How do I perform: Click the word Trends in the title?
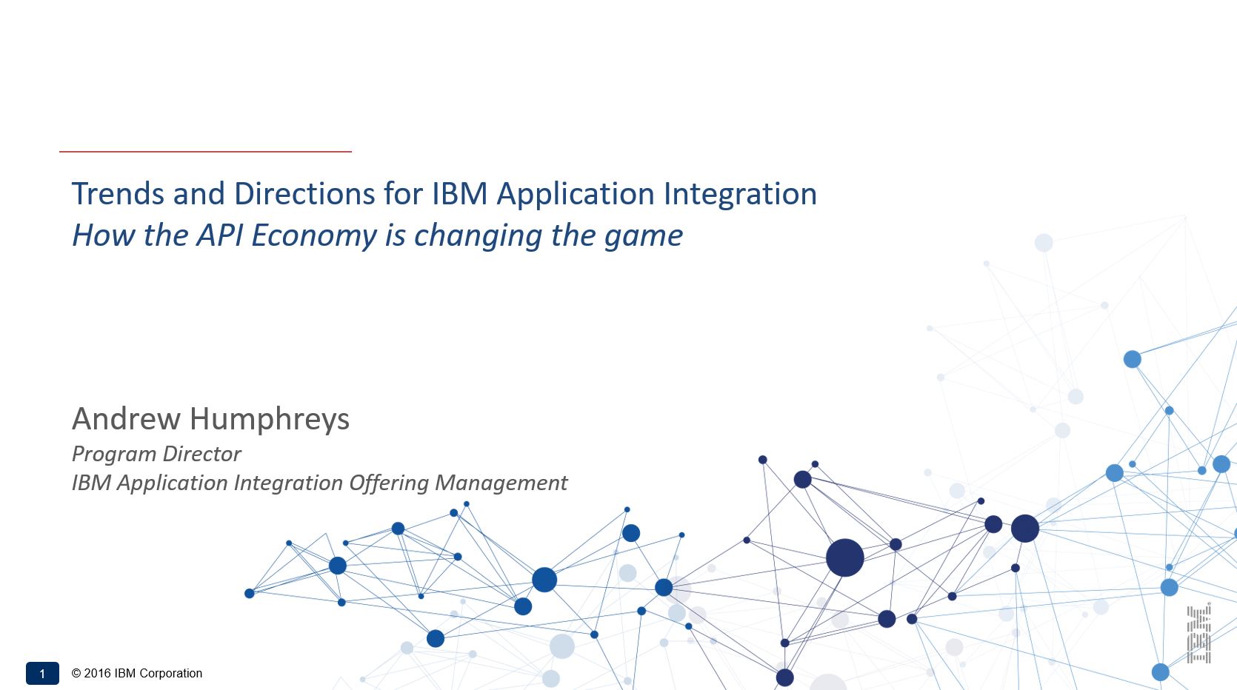pyautogui.click(x=119, y=194)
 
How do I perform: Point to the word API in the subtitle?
pyautogui.click(x=220, y=235)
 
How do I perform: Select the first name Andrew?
pyautogui.click(x=127, y=418)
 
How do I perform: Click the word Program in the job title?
pyautogui.click(x=113, y=455)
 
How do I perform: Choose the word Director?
pyautogui.click(x=201, y=454)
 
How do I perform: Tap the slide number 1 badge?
pyautogui.click(x=42, y=674)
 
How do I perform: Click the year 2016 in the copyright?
pyautogui.click(x=97, y=674)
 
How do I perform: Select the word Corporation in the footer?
pyautogui.click(x=170, y=674)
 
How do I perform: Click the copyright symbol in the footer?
pyautogui.click(x=76, y=674)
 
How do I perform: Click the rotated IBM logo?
pyautogui.click(x=1199, y=634)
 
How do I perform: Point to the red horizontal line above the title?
pyautogui.click(x=205, y=151)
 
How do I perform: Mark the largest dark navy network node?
pyautogui.click(x=845, y=557)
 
